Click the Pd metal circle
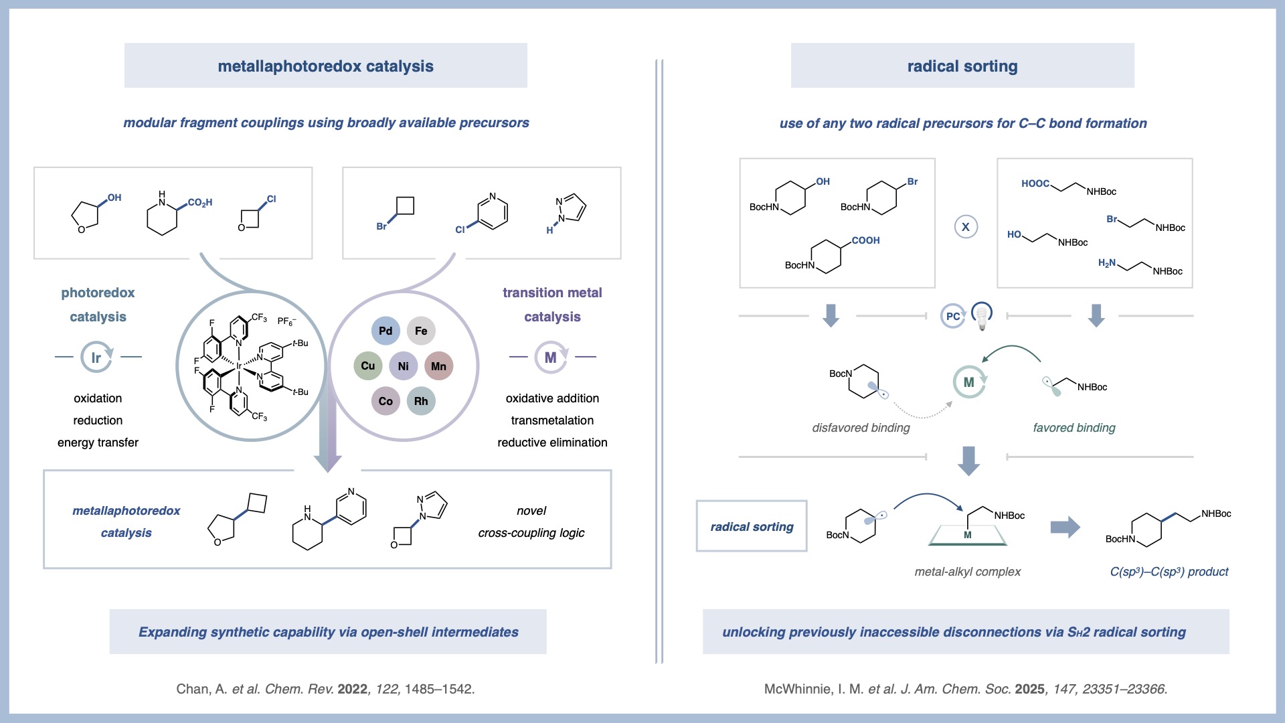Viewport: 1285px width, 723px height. click(x=385, y=331)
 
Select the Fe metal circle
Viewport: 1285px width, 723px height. click(x=421, y=331)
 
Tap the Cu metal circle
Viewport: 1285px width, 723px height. click(x=367, y=366)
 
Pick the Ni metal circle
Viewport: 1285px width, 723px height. click(x=403, y=366)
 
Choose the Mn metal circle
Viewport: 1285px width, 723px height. click(x=438, y=366)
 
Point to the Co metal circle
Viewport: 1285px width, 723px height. click(x=385, y=401)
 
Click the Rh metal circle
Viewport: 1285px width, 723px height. click(x=421, y=401)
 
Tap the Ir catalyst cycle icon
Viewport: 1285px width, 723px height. click(x=96, y=357)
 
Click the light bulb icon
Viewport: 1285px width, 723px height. click(x=982, y=315)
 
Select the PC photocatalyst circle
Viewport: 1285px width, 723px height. click(x=952, y=316)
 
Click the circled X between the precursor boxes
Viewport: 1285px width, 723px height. click(x=966, y=227)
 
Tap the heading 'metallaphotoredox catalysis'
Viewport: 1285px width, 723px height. click(x=325, y=66)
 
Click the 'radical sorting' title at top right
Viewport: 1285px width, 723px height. click(x=962, y=66)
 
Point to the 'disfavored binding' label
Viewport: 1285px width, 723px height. click(x=861, y=428)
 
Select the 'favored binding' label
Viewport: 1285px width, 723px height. click(x=1074, y=428)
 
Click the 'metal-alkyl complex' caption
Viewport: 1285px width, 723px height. click(x=967, y=572)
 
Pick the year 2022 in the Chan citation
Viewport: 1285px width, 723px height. click(x=352, y=689)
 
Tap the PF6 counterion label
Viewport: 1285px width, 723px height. click(x=286, y=321)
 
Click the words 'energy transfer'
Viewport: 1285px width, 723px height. click(x=98, y=443)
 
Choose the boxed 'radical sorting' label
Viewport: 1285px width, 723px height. click(x=752, y=527)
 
